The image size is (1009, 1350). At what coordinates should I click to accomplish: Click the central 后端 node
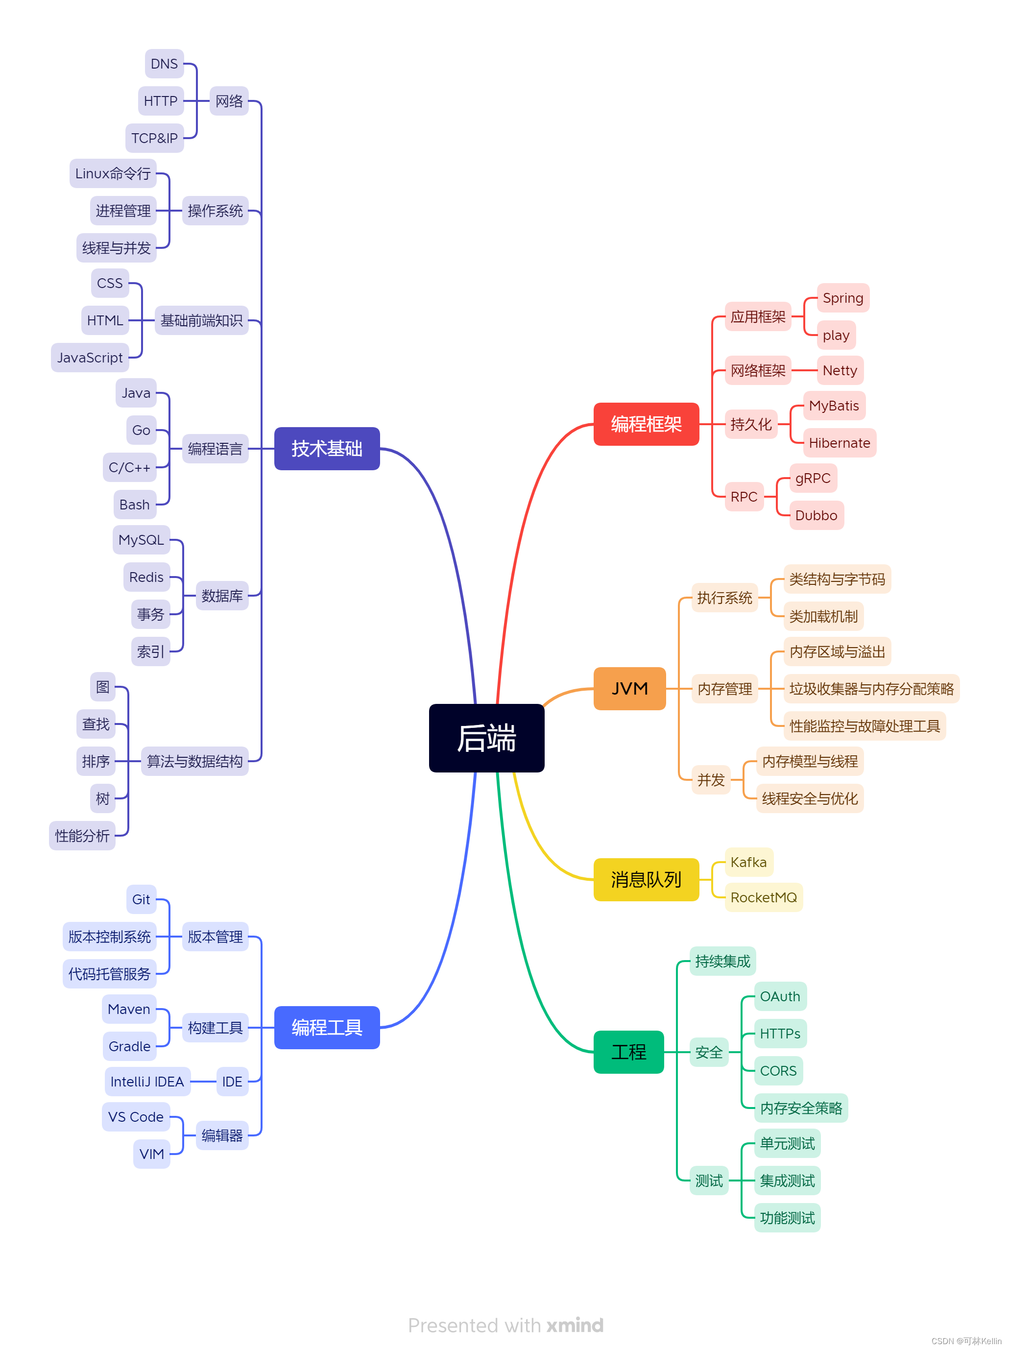(486, 737)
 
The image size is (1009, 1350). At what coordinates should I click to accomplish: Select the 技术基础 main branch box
(327, 449)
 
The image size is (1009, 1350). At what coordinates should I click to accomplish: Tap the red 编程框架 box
(645, 424)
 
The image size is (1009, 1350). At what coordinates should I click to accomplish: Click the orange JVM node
(629, 688)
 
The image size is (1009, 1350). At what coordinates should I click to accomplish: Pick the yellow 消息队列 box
(645, 879)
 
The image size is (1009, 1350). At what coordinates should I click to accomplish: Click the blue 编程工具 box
(327, 1027)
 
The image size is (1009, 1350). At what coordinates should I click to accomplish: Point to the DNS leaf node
(164, 64)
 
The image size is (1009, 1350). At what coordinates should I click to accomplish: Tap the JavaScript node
(90, 358)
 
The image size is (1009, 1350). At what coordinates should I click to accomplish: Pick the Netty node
(840, 370)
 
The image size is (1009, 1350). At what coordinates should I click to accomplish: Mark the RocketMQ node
(763, 897)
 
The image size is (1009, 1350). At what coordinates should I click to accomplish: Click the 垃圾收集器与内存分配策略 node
(870, 689)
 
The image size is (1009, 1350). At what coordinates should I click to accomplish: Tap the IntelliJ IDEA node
(146, 1082)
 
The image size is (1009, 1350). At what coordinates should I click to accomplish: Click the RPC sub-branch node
(744, 497)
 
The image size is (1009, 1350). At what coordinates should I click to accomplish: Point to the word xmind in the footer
(575, 1325)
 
